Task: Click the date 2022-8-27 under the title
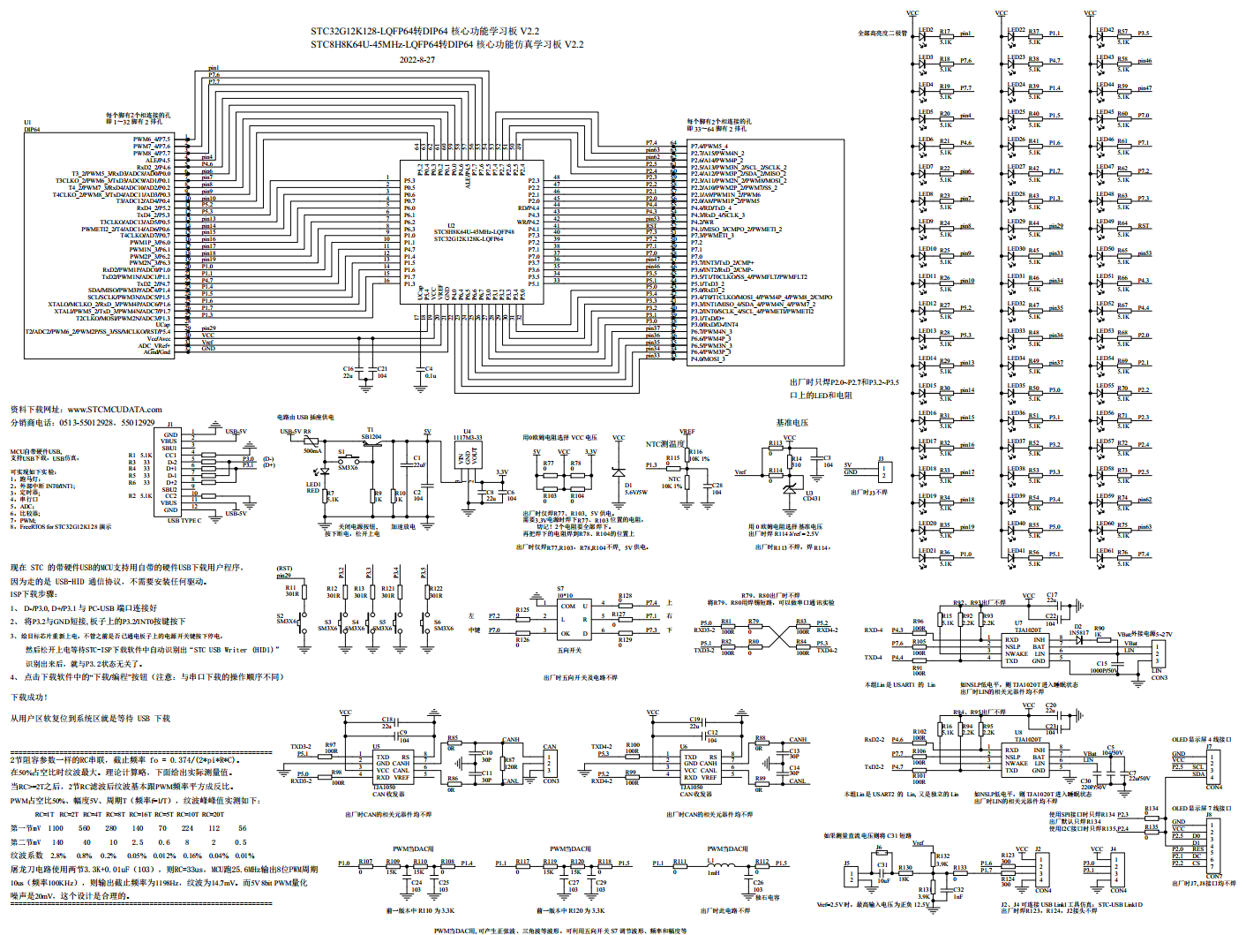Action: tap(417, 60)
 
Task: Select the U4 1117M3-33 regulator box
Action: tap(468, 456)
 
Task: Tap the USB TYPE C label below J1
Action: tap(184, 521)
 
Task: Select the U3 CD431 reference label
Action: tap(811, 496)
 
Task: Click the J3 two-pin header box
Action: tap(883, 471)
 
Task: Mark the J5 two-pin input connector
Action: tap(852, 876)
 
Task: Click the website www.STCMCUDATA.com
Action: tap(115, 410)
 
